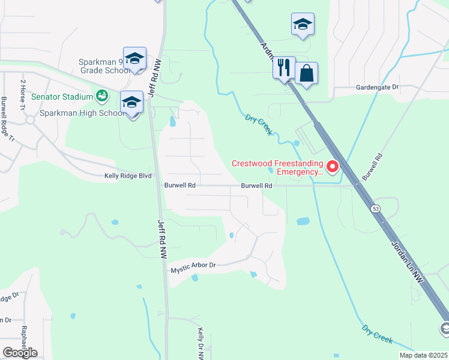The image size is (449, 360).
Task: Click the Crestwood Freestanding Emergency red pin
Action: tap(332, 167)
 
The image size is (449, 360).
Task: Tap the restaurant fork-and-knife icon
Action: tap(284, 67)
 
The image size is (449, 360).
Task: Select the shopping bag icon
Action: tap(306, 74)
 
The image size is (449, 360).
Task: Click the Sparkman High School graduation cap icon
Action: tap(131, 102)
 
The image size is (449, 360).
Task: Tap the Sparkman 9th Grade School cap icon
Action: tap(135, 58)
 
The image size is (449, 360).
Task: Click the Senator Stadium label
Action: tap(62, 97)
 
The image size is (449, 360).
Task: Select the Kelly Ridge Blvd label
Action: tap(127, 176)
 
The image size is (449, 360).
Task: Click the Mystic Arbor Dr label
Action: tap(193, 265)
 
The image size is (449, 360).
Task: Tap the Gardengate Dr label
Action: tap(377, 88)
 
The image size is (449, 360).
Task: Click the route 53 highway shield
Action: tap(376, 208)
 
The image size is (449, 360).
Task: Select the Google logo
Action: tap(20, 353)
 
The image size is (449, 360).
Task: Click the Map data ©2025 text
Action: tap(423, 355)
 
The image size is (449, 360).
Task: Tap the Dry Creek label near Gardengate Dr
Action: tap(259, 124)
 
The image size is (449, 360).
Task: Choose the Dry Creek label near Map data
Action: tap(378, 334)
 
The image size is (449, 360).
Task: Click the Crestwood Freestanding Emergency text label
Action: tap(278, 167)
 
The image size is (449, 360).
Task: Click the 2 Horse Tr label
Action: tap(23, 94)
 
